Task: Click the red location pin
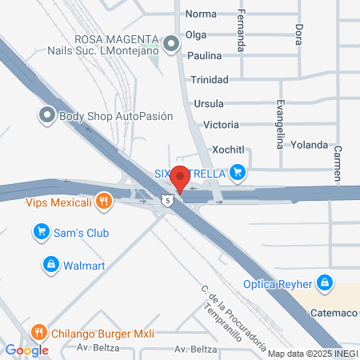tap(180, 178)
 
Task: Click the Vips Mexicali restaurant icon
tap(102, 202)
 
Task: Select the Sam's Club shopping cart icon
tap(40, 233)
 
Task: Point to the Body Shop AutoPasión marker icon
tap(47, 115)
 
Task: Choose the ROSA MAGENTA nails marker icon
tap(170, 45)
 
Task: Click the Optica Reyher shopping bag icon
tap(324, 283)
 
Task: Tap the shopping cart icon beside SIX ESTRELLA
tap(237, 171)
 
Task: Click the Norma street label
tap(201, 14)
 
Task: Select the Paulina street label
tap(204, 56)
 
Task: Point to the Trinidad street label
tap(210, 79)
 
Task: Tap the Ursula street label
tap(209, 103)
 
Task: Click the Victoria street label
tap(221, 125)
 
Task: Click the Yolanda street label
tap(310, 145)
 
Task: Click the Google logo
tap(26, 350)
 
